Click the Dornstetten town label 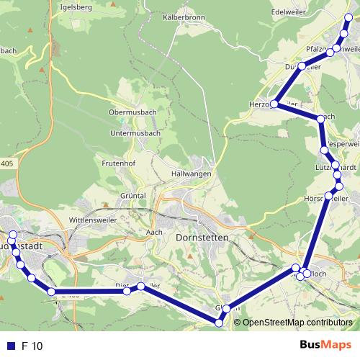point(202,237)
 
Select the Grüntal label point(134,195)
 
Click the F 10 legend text point(32,346)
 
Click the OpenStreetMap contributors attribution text point(297,323)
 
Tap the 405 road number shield point(6,164)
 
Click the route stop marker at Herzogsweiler point(274,104)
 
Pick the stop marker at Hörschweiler point(329,196)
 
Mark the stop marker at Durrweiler point(302,66)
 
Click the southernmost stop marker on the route point(220,323)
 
